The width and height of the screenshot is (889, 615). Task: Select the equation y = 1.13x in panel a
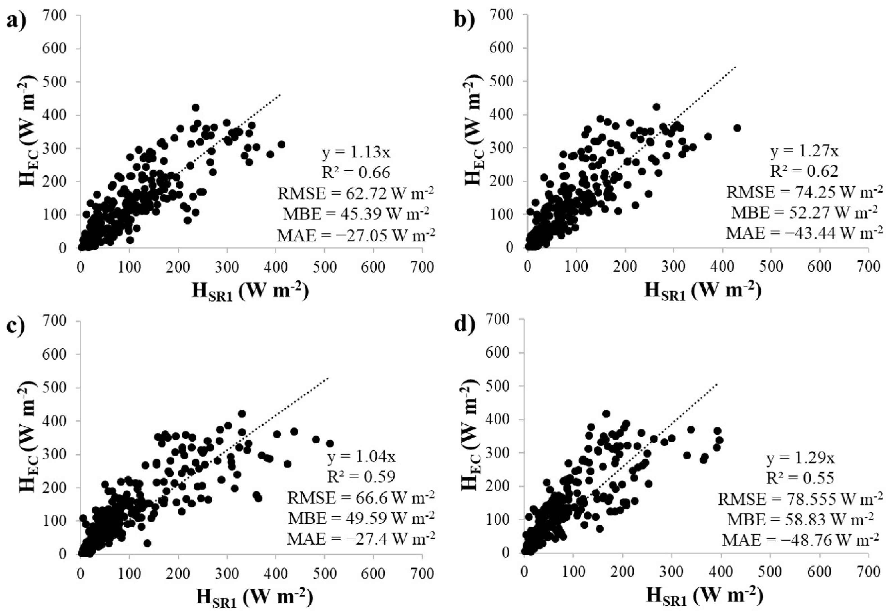click(x=356, y=153)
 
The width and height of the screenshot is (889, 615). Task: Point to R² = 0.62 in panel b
click(x=804, y=171)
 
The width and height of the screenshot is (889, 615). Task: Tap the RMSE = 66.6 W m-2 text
click(x=360, y=498)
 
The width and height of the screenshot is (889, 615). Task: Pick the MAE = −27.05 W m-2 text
click(x=356, y=235)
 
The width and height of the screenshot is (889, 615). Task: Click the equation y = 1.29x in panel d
click(x=801, y=459)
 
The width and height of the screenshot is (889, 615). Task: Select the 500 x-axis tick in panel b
click(x=771, y=267)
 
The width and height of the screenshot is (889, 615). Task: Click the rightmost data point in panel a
click(x=281, y=144)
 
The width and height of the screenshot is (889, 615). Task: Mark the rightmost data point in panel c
click(x=330, y=443)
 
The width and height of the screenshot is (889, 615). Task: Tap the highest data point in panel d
click(x=606, y=413)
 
